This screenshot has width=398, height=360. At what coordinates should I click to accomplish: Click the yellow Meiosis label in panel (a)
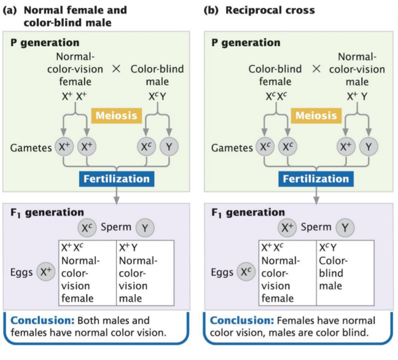(116, 116)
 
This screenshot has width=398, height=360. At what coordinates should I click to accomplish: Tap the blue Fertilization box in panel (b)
(316, 179)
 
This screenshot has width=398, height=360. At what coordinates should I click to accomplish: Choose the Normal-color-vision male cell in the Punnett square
(145, 272)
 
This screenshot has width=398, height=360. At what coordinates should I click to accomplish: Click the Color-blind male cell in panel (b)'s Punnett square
(345, 272)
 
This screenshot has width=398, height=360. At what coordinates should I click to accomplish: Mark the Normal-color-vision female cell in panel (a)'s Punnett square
(87, 272)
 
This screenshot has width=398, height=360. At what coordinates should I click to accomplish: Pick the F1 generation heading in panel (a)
(47, 212)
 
